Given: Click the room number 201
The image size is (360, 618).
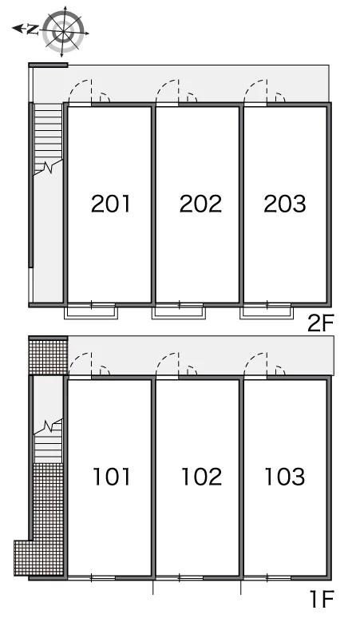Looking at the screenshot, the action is (x=110, y=204).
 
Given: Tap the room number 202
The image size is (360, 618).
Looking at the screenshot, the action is (x=200, y=204).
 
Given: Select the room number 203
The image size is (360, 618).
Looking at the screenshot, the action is (x=285, y=204).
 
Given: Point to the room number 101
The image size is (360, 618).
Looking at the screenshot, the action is (x=112, y=477).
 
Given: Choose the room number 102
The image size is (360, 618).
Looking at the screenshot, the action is (x=201, y=477).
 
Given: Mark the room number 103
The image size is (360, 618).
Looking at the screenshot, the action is (x=285, y=477).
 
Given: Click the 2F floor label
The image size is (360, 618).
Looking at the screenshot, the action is (x=320, y=323).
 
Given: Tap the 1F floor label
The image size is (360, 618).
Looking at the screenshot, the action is (x=322, y=599).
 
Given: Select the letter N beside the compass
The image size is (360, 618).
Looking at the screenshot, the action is (x=33, y=30).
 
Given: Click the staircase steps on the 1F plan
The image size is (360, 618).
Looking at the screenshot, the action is (x=48, y=442).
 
